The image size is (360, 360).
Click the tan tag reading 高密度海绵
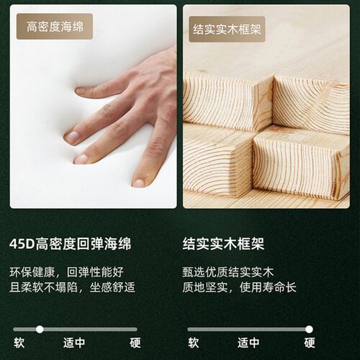click(x=55, y=27)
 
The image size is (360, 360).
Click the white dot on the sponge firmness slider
click(x=40, y=329)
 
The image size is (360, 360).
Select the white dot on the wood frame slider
click(x=310, y=329)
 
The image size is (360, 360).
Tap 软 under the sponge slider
click(x=18, y=343)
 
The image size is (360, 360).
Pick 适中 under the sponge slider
click(x=74, y=343)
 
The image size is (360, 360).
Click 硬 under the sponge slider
click(x=135, y=343)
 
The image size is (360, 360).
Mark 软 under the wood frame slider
click(x=193, y=343)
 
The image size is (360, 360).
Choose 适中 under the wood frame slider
click(x=249, y=343)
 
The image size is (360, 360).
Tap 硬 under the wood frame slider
click(x=310, y=343)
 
